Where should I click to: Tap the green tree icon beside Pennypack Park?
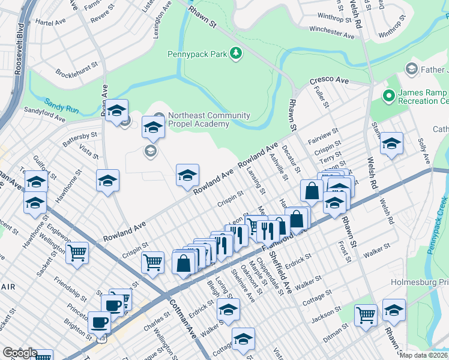tap(237, 53)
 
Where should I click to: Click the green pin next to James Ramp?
tap(388, 95)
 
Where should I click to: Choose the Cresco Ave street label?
tap(329, 80)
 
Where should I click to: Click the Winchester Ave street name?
tap(332, 32)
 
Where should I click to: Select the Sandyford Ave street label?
tap(44, 115)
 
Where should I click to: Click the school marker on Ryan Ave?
tap(116, 110)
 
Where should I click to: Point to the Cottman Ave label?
tap(182, 317)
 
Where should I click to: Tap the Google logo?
tap(19, 353)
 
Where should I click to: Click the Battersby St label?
tap(80, 140)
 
